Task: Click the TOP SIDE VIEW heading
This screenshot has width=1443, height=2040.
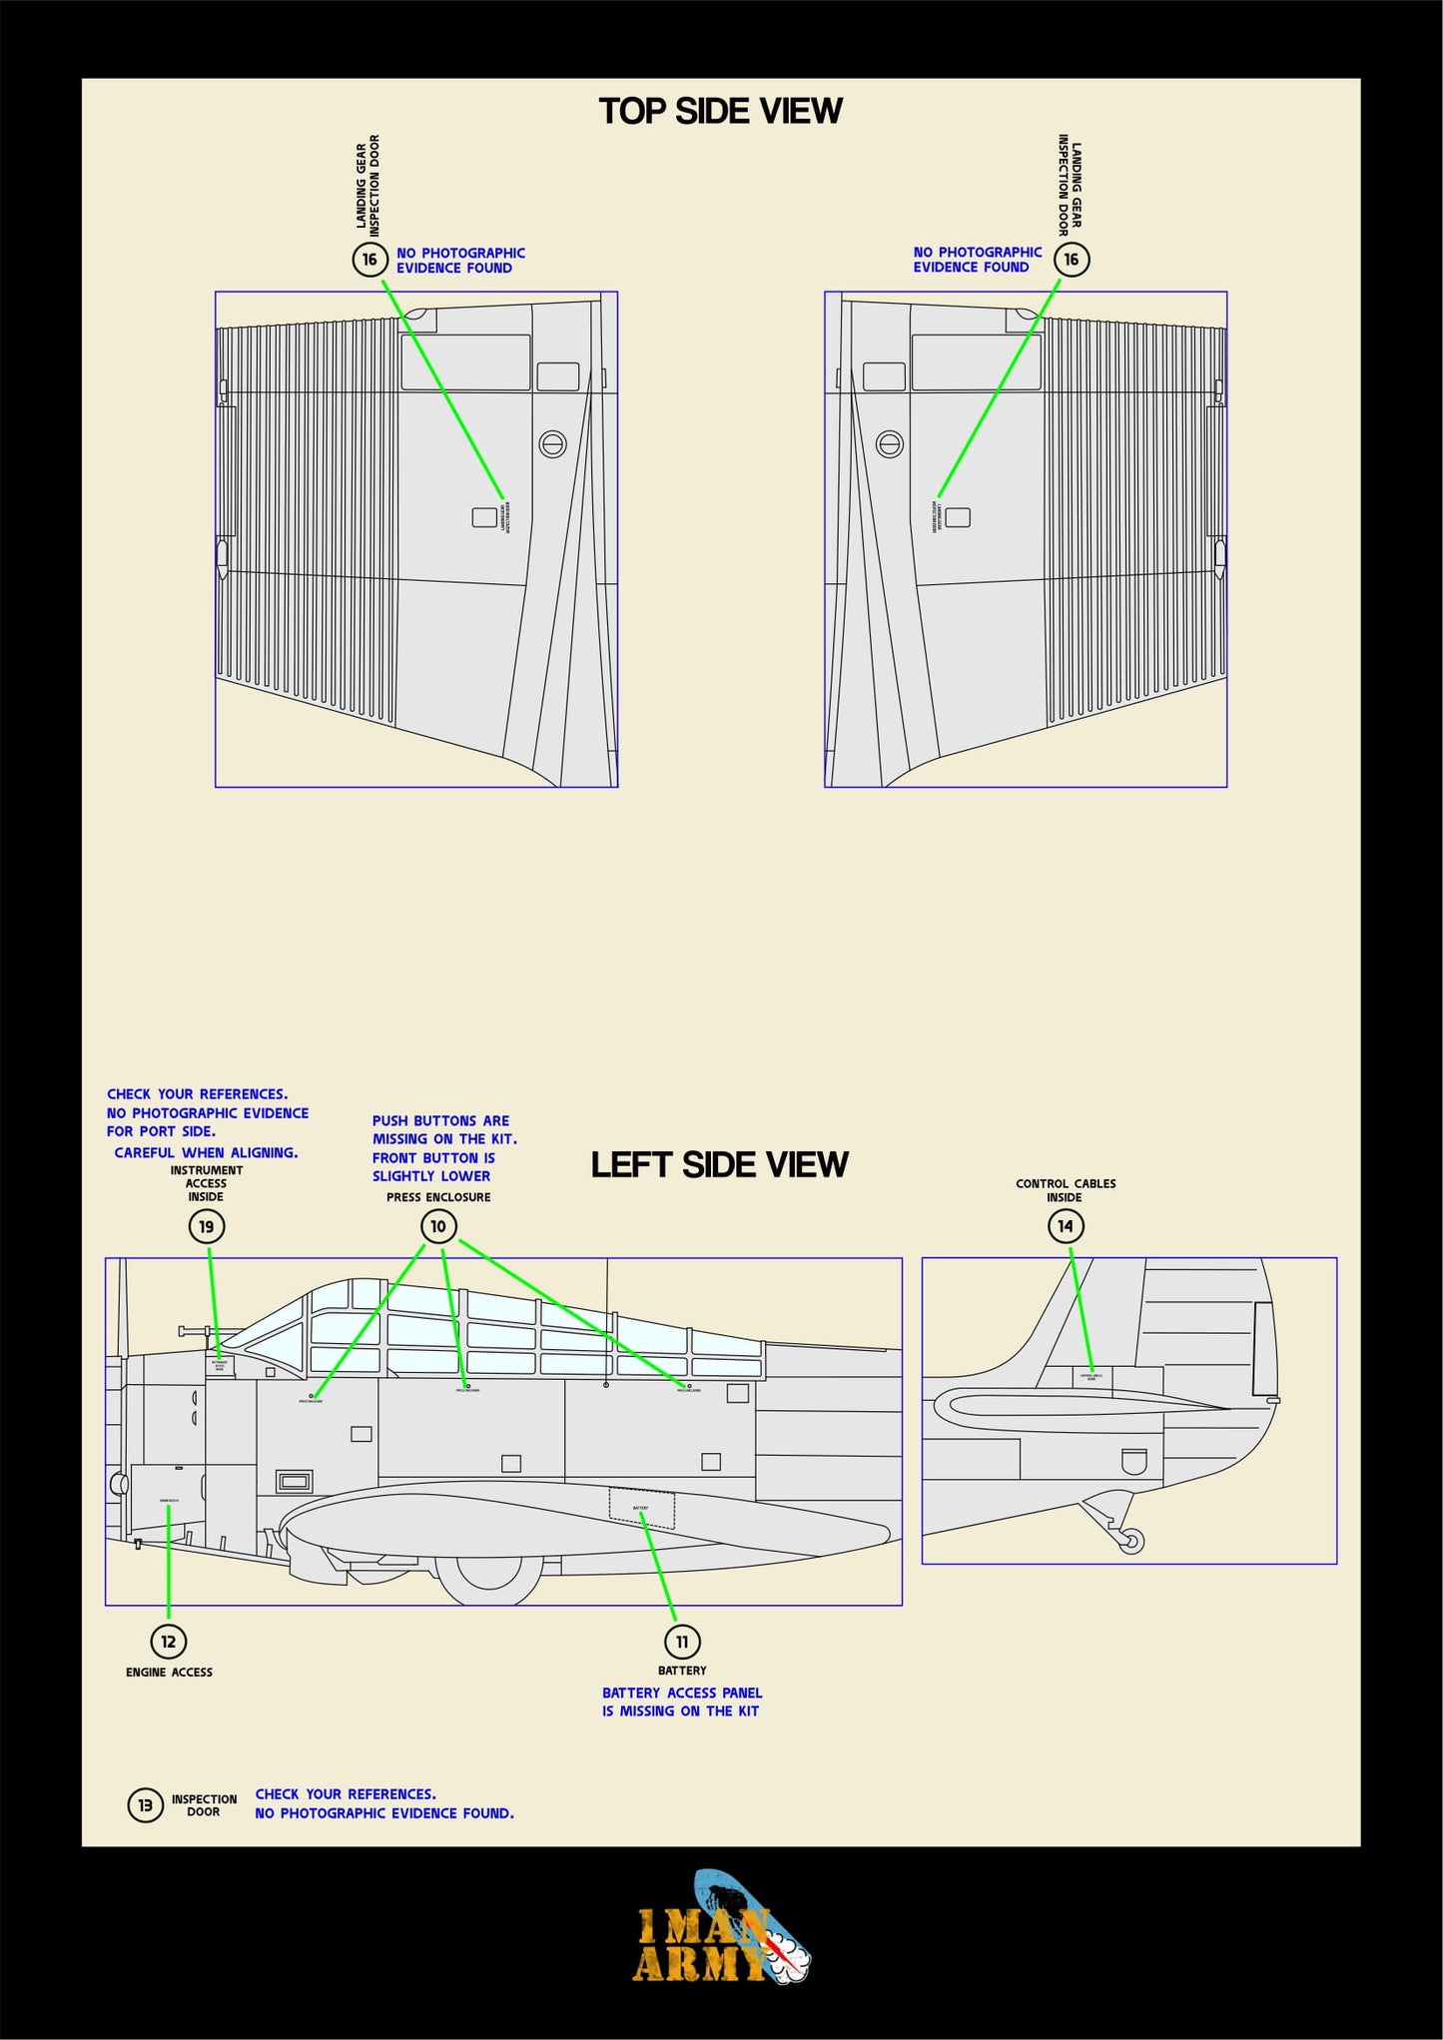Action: [720, 111]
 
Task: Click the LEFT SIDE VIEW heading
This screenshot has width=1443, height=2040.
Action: [719, 1164]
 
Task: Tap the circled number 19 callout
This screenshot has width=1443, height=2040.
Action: [207, 1226]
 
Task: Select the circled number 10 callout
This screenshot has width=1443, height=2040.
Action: [438, 1226]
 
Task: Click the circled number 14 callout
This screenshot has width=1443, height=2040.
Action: [1066, 1226]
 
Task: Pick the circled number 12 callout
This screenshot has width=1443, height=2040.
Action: [169, 1641]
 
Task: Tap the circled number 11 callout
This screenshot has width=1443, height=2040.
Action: [682, 1642]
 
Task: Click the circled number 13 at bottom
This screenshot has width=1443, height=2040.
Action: [145, 1804]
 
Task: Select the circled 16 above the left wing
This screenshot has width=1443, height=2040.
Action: [369, 260]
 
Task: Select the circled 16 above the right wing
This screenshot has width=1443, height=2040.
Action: [1072, 260]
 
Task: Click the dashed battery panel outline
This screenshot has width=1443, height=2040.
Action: [641, 1509]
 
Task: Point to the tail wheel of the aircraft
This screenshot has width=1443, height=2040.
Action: [1131, 1541]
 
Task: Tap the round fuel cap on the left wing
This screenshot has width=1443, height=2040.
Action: [552, 443]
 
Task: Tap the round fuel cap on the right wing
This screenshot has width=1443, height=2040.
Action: [890, 443]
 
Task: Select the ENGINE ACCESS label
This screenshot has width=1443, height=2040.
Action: [169, 1672]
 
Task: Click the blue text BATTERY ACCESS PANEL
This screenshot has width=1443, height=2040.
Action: [682, 1693]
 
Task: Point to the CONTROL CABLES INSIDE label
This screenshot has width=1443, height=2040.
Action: [1066, 1190]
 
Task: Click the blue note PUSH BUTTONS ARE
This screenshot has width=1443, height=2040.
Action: [440, 1121]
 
